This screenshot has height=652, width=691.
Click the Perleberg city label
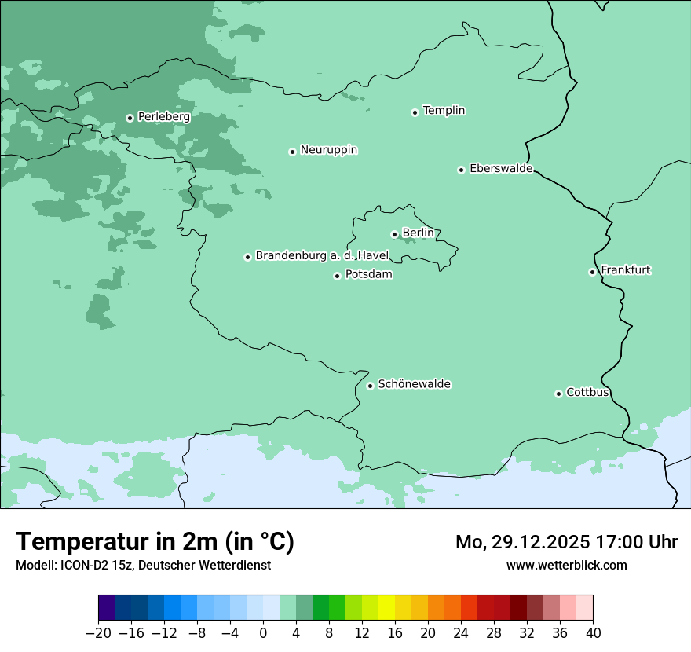[x=163, y=116]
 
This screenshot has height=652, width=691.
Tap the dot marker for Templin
[x=415, y=112]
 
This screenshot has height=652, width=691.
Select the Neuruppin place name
[x=328, y=149]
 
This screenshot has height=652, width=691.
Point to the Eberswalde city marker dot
[x=461, y=170]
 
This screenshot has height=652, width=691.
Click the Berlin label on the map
[x=418, y=233]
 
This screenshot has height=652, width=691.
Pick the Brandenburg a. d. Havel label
[x=322, y=255]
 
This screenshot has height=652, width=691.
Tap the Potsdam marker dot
[x=337, y=276]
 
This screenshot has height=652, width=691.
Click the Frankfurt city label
[x=625, y=270]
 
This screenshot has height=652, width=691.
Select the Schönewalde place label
[x=414, y=384]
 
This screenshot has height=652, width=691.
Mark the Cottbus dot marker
[x=558, y=394]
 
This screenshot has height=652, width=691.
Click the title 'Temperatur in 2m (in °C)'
[x=155, y=542]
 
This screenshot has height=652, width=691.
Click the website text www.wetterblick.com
[x=566, y=565]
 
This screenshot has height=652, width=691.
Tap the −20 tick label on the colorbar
[x=98, y=633]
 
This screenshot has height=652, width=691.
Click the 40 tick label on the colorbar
[x=593, y=633]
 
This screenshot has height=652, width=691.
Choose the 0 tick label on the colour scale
[x=263, y=633]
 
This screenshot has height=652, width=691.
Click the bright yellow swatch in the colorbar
[x=386, y=608]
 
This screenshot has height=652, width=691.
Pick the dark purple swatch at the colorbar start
[x=107, y=608]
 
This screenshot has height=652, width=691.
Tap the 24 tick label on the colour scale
[x=461, y=633]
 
